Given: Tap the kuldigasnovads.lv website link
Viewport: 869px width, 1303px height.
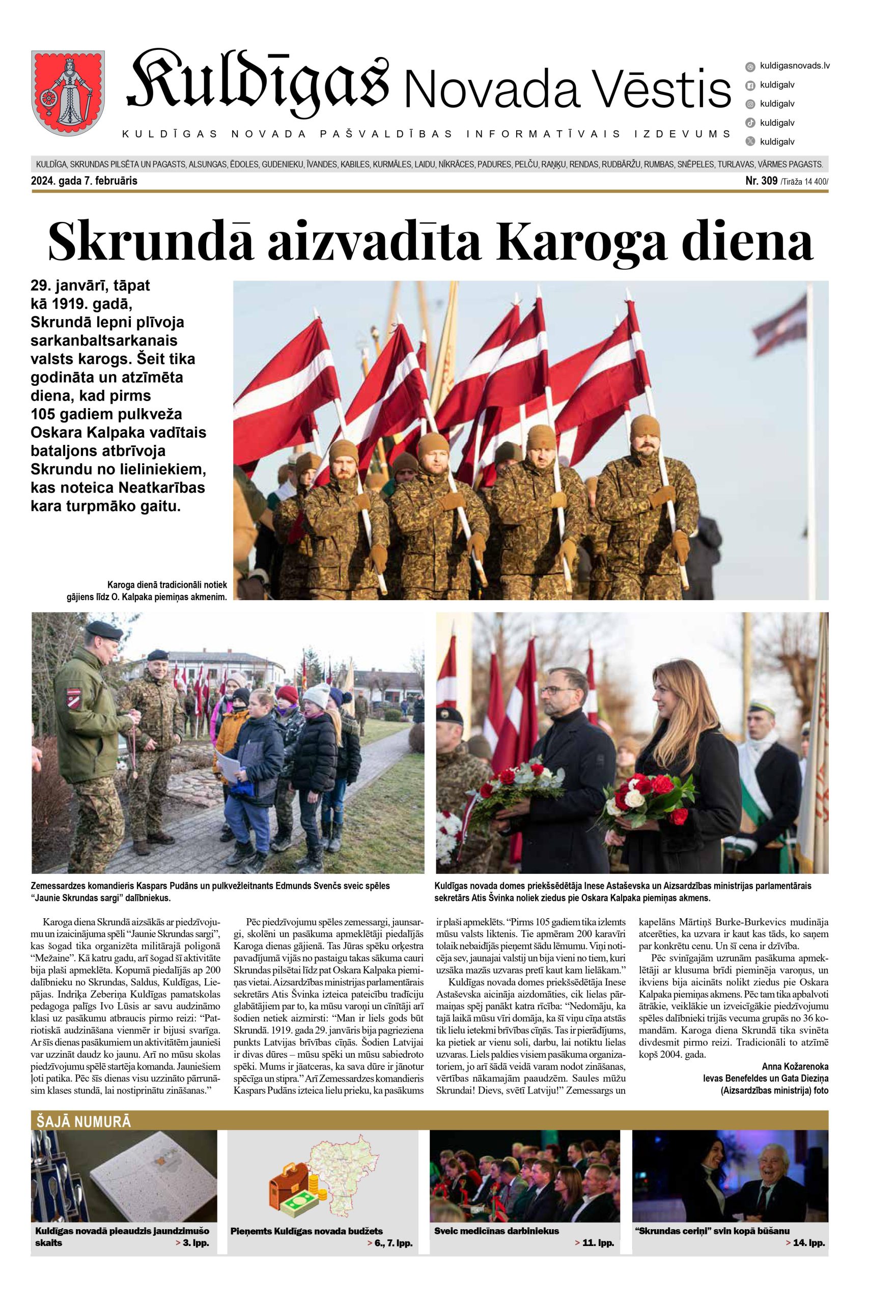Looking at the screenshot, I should pyautogui.click(x=794, y=66).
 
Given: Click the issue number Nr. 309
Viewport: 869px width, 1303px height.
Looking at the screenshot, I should pyautogui.click(x=762, y=181).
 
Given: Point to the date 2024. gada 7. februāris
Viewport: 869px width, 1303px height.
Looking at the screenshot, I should pyautogui.click(x=84, y=181).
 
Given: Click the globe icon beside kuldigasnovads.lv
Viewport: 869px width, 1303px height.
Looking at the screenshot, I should pyautogui.click(x=750, y=67).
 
